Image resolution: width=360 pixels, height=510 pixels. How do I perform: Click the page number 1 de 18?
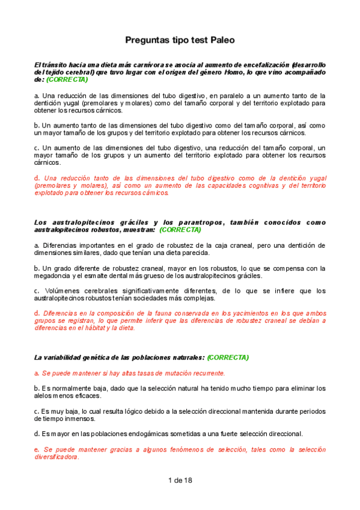(180, 480)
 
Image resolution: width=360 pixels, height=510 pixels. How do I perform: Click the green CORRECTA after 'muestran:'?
(180, 230)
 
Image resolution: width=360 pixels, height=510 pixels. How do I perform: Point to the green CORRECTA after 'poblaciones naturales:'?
(228, 357)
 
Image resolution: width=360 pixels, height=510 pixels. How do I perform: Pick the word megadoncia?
(53, 276)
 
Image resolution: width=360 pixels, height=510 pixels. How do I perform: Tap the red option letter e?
(36, 449)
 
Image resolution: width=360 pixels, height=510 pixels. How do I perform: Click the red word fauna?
(160, 313)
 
